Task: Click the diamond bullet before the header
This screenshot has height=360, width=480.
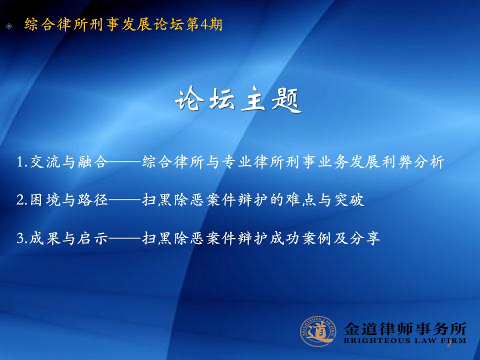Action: coord(9,26)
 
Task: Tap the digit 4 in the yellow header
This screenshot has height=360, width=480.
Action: coord(204,24)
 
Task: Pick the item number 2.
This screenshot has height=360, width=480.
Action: coord(20,200)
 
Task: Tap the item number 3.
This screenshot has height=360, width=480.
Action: coord(20,238)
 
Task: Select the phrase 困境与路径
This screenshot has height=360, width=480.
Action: coord(69,200)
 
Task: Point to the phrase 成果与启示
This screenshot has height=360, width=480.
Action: coord(69,238)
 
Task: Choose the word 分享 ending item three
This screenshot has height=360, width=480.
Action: coord(365,238)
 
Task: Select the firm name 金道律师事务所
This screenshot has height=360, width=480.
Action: coord(405,329)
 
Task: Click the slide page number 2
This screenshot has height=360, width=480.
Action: coord(449,344)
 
